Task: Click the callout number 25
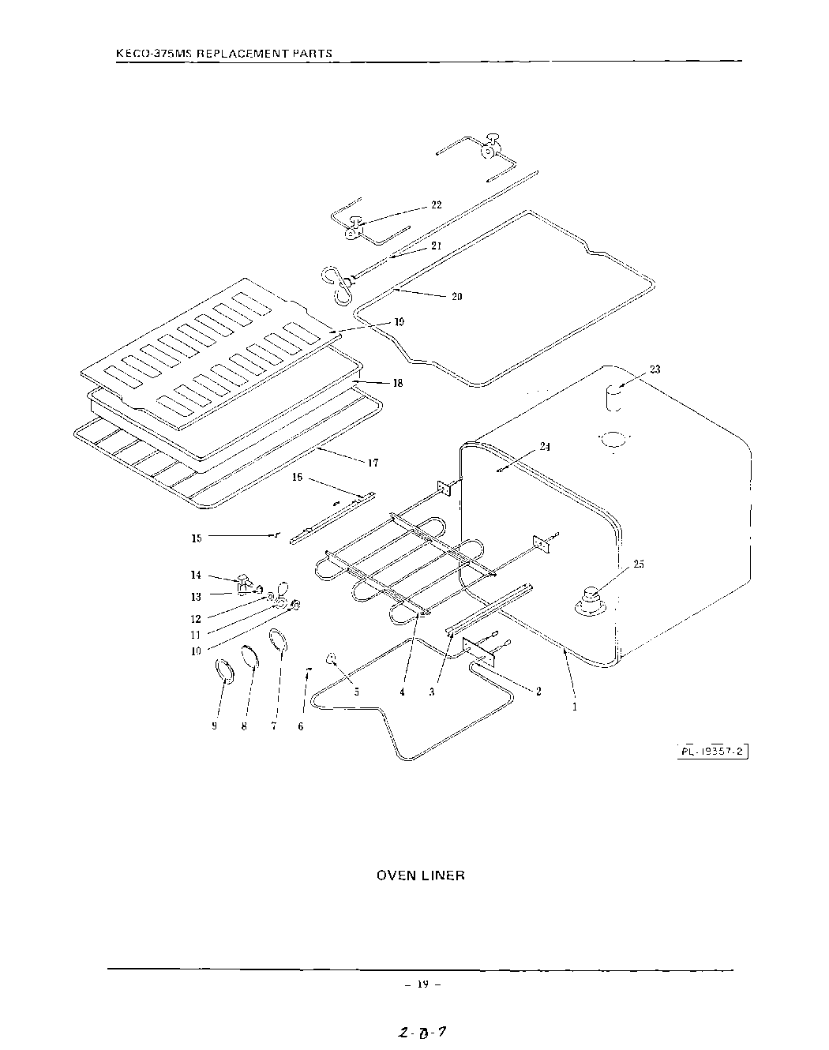[639, 564]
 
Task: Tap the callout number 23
[655, 369]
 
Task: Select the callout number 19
[399, 322]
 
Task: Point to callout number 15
[197, 538]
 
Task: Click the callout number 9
[214, 726]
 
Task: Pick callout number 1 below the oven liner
[574, 707]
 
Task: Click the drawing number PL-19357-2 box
[711, 751]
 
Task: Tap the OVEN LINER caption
[420, 876]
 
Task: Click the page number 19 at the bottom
[422, 984]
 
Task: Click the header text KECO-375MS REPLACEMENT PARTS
[223, 54]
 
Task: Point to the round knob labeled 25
[590, 600]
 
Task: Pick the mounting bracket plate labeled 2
[478, 648]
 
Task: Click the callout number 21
[436, 246]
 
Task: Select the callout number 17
[373, 463]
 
